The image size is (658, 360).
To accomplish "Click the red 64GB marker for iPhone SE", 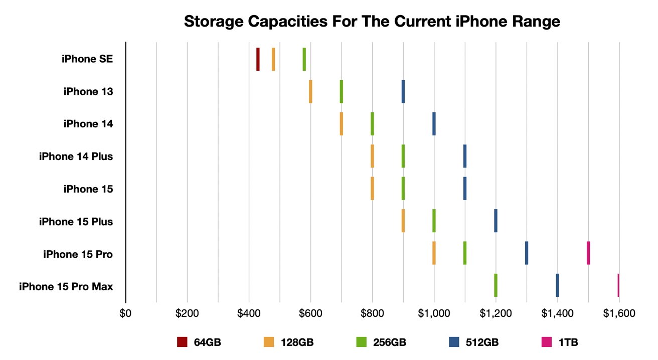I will pos(258,59).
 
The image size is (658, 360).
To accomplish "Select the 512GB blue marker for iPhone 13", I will pos(403,91).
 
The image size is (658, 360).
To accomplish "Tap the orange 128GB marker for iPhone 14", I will pos(342,123).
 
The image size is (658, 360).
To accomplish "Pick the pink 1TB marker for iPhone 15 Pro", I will pos(588,253).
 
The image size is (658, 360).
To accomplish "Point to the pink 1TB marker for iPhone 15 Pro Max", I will pos(618,285).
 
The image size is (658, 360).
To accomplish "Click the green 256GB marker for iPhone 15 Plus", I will pos(434,221).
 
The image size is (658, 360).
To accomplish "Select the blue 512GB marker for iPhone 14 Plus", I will pos(465,156).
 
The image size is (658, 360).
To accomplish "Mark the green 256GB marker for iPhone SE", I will pos(304,59).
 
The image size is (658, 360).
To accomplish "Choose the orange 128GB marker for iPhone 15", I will pos(372,188).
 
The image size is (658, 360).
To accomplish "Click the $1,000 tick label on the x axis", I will pos(434,313).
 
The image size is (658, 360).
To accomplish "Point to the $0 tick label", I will pos(125,313).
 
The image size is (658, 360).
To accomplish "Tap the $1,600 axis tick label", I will pos(619,313).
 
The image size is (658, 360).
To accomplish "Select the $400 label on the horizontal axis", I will pos(249,313).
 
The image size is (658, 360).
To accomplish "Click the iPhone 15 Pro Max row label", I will pos(66,287).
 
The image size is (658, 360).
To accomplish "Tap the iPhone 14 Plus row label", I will pos(76,156).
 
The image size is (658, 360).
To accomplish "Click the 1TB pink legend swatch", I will pos(546,342).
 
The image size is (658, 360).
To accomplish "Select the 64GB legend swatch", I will pos(182,342).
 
